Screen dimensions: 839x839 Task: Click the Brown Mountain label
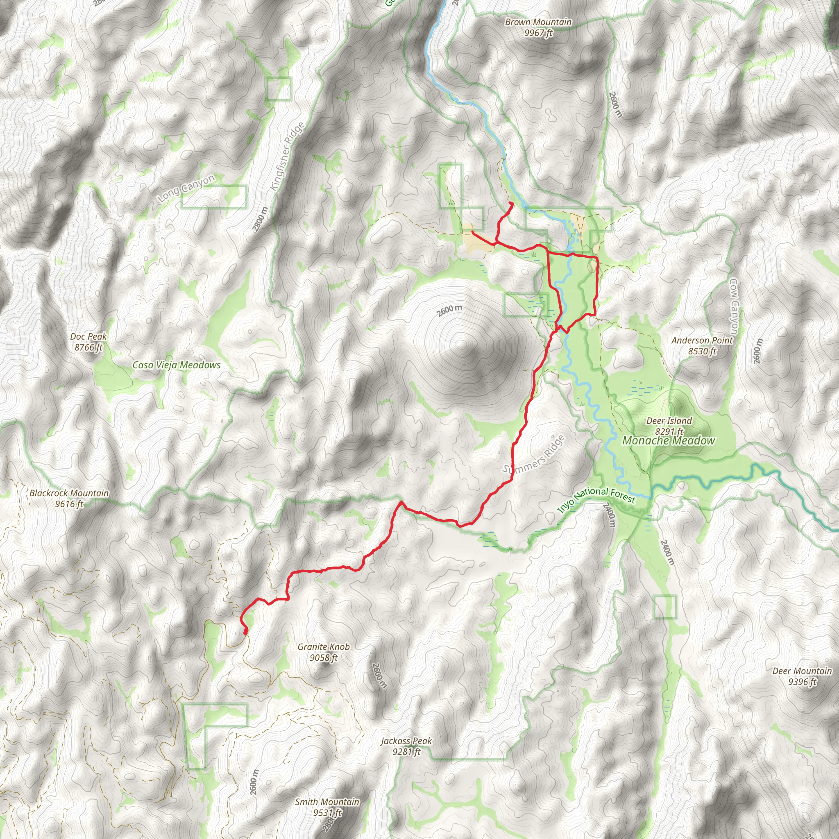538,27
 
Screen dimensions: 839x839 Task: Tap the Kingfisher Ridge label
287,157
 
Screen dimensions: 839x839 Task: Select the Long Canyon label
187,188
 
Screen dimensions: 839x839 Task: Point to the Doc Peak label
88,342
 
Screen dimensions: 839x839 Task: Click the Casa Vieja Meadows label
176,365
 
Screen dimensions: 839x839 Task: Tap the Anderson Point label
702,346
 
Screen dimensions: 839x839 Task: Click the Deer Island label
669,426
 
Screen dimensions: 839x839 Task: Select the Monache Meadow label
668,441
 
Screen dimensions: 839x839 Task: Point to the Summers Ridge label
534,454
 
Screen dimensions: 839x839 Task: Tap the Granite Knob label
324,652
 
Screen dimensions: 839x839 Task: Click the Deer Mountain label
802,676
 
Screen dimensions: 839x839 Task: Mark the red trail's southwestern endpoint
245,633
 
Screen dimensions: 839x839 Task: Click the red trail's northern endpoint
512,203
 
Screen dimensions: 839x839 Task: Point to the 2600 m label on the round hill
449,311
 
